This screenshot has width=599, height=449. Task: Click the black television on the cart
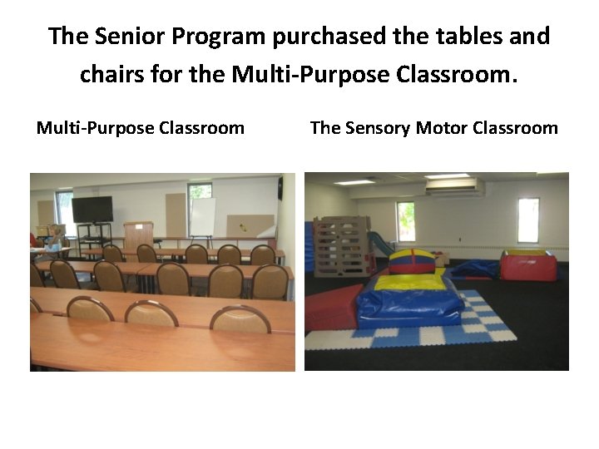[x=92, y=209]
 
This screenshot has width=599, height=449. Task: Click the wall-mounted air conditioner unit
[x=454, y=187]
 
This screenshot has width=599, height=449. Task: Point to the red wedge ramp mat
[x=331, y=305]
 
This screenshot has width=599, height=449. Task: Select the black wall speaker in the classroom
[x=280, y=188]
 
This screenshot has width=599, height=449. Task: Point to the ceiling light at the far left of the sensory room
[x=355, y=182]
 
